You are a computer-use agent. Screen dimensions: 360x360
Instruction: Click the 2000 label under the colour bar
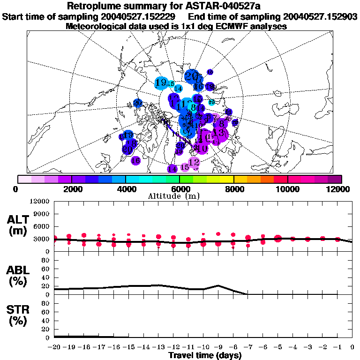click(72, 189)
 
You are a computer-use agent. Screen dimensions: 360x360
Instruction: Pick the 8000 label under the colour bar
click(234, 189)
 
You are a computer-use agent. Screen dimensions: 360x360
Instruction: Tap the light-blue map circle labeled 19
click(161, 82)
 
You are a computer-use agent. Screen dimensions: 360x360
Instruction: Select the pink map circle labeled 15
click(185, 167)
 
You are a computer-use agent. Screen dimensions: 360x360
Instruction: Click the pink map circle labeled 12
click(194, 162)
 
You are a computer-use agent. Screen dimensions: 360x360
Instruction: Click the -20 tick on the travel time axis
click(54, 347)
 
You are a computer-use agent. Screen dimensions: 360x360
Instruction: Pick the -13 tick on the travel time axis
click(158, 347)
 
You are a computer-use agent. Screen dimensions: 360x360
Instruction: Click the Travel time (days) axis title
click(205, 355)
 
